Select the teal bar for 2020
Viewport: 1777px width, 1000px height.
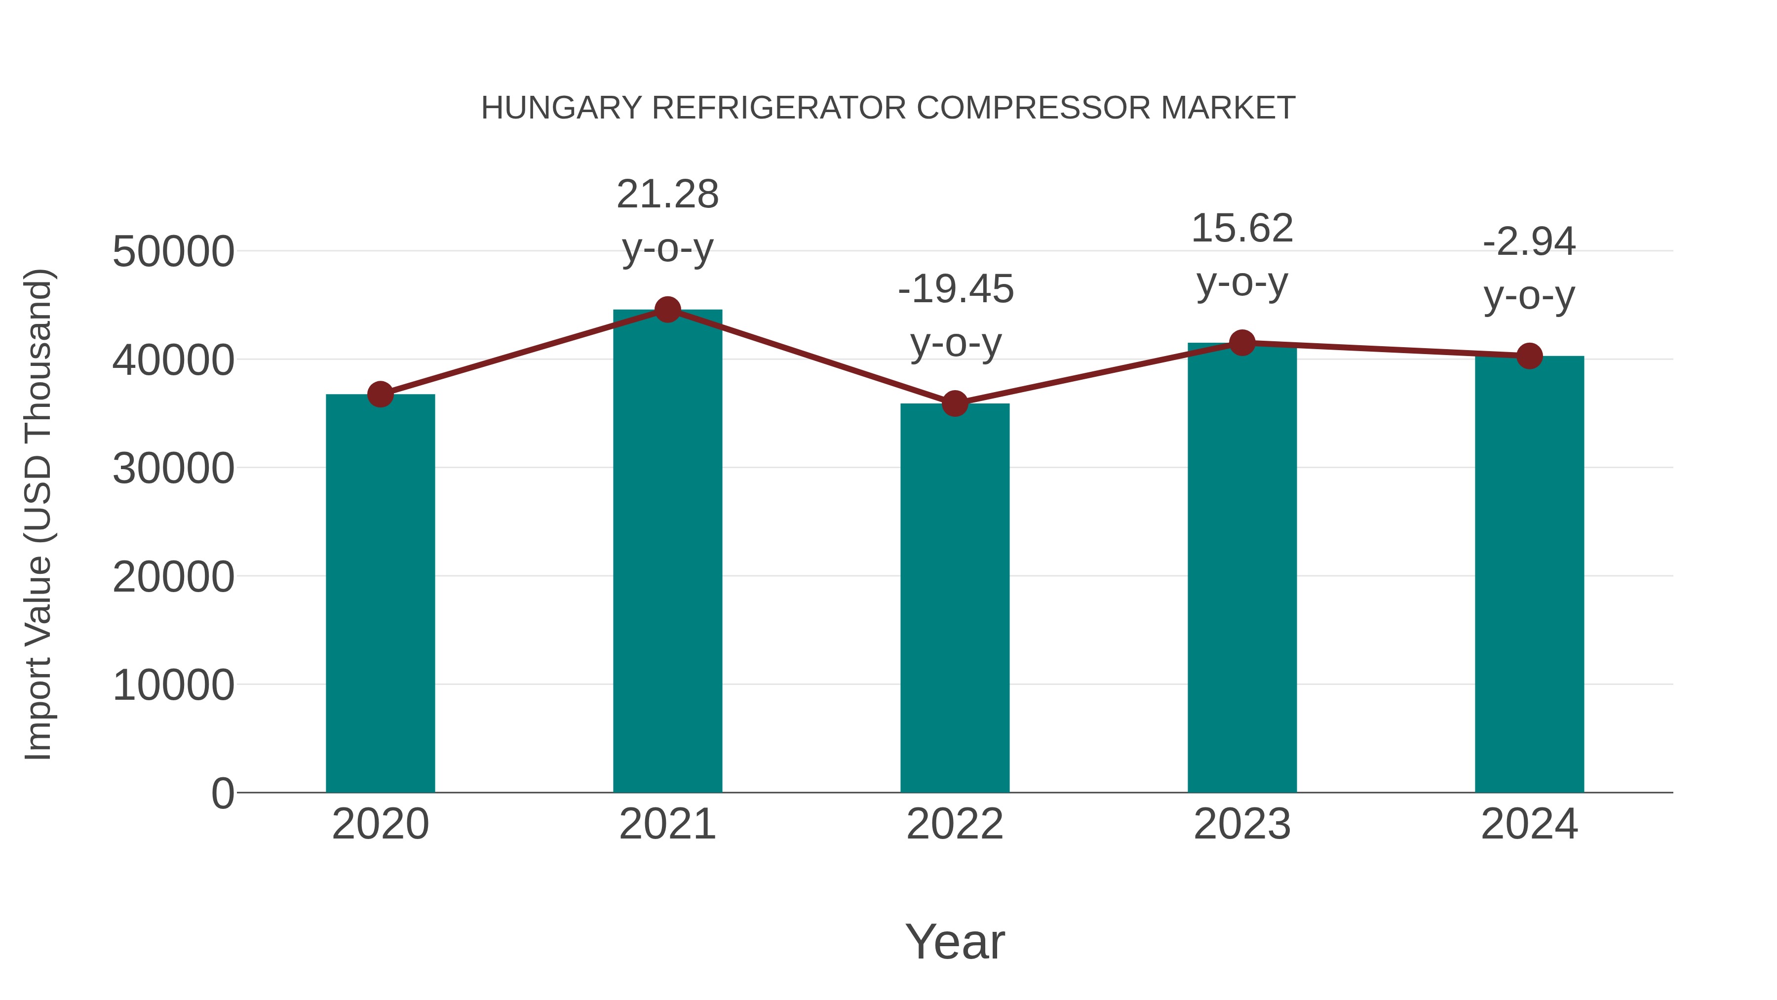pos(380,594)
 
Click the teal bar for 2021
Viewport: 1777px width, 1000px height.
pos(667,552)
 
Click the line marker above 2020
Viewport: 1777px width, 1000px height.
pos(380,395)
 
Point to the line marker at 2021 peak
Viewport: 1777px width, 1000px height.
pos(667,310)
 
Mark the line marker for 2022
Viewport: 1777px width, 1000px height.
pos(955,404)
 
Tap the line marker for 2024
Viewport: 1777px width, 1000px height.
pos(1529,356)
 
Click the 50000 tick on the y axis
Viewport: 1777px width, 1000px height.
pos(173,252)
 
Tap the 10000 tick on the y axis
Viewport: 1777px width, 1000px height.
pos(173,685)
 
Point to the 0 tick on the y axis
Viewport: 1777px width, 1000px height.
pos(222,794)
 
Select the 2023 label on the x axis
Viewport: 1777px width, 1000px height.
pos(1242,825)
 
